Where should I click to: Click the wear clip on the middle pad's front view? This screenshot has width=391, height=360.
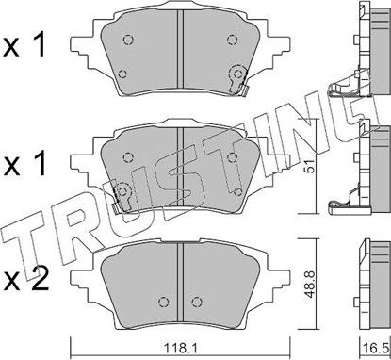[x=120, y=195]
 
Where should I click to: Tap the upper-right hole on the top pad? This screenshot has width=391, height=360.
[x=230, y=40]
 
